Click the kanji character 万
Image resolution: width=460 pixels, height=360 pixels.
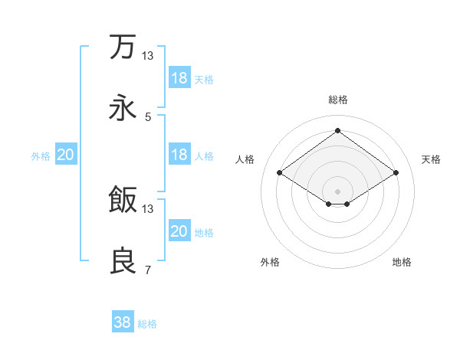pyautogui.click(x=123, y=47)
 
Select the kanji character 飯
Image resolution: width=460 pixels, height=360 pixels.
pyautogui.click(x=123, y=201)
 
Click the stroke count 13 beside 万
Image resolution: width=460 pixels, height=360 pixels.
pyautogui.click(x=148, y=56)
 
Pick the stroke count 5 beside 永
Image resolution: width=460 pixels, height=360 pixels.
pyautogui.click(x=148, y=117)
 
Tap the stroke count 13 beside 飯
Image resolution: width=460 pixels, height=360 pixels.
pyautogui.click(x=148, y=209)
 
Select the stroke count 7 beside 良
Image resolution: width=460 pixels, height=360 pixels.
pyautogui.click(x=148, y=270)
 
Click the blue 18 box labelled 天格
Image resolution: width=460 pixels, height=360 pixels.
pyautogui.click(x=179, y=78)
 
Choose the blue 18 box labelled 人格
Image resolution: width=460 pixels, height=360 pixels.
pyautogui.click(x=179, y=155)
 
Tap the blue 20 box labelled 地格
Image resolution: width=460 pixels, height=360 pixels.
pyautogui.click(x=179, y=231)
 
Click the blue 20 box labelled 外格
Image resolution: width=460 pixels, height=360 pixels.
pyautogui.click(x=66, y=155)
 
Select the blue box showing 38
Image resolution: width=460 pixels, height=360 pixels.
pyautogui.click(x=123, y=322)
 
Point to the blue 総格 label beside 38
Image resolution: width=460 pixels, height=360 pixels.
pyautogui.click(x=148, y=324)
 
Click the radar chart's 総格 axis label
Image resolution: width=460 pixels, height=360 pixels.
pyautogui.click(x=338, y=100)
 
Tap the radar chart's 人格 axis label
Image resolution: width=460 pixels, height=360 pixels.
pyautogui.click(x=245, y=159)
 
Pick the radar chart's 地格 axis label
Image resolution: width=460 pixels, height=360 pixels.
pyautogui.click(x=402, y=262)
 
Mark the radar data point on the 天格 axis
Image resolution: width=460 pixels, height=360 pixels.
pyautogui.click(x=396, y=173)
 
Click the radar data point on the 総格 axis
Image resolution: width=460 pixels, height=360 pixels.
pyautogui.click(x=338, y=130)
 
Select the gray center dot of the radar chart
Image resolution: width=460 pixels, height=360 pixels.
pyautogui.click(x=338, y=190)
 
